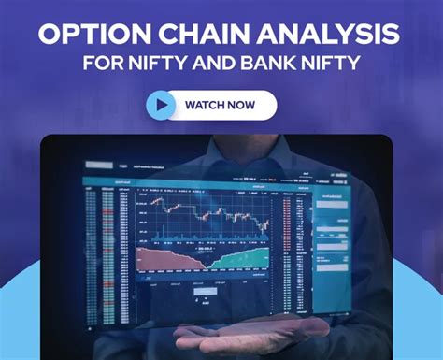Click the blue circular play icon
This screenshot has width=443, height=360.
click(x=161, y=105)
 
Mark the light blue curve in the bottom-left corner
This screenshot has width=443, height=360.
click(x=19, y=309)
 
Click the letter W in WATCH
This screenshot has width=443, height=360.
click(x=190, y=105)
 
